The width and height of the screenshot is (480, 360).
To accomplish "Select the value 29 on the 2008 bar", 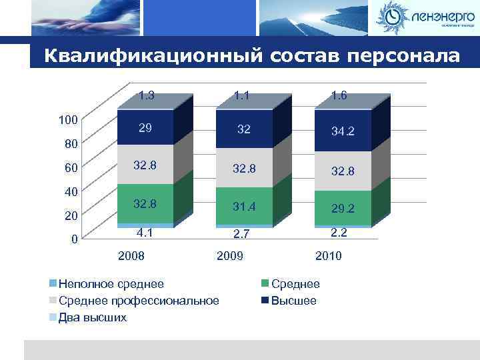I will point(145,127).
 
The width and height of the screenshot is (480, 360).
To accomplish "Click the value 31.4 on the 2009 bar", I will point(244,207).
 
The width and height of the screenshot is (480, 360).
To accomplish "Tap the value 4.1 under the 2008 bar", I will point(145,233).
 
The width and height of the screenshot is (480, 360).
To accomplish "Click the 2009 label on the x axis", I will point(230,256).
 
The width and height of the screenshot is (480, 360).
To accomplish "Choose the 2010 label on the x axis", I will point(328,256).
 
